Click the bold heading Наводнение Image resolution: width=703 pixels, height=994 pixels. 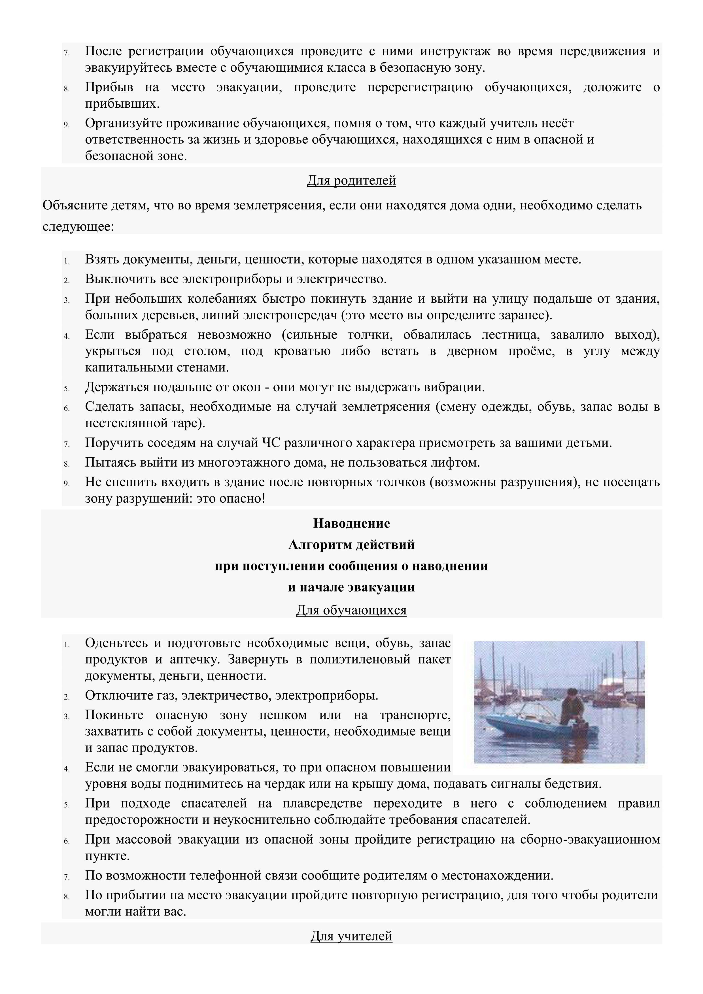[x=351, y=523]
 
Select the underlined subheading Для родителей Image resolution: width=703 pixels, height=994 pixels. [x=351, y=180]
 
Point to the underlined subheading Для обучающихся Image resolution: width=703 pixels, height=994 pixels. [x=351, y=610]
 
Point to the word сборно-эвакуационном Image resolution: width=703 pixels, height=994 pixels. [x=591, y=840]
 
